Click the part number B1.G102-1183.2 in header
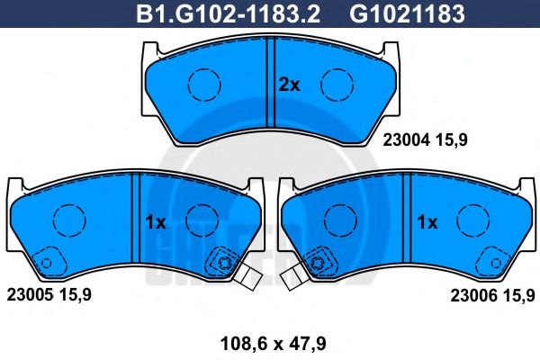pyautogui.click(x=229, y=13)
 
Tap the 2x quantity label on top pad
pyautogui.click(x=288, y=85)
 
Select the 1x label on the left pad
pyautogui.click(x=155, y=222)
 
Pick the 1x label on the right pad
pyautogui.click(x=427, y=222)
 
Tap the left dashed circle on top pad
pyautogui.click(x=203, y=85)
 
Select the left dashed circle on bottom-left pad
pyautogui.click(x=67, y=221)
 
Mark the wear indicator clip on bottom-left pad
pyautogui.click(x=247, y=277)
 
